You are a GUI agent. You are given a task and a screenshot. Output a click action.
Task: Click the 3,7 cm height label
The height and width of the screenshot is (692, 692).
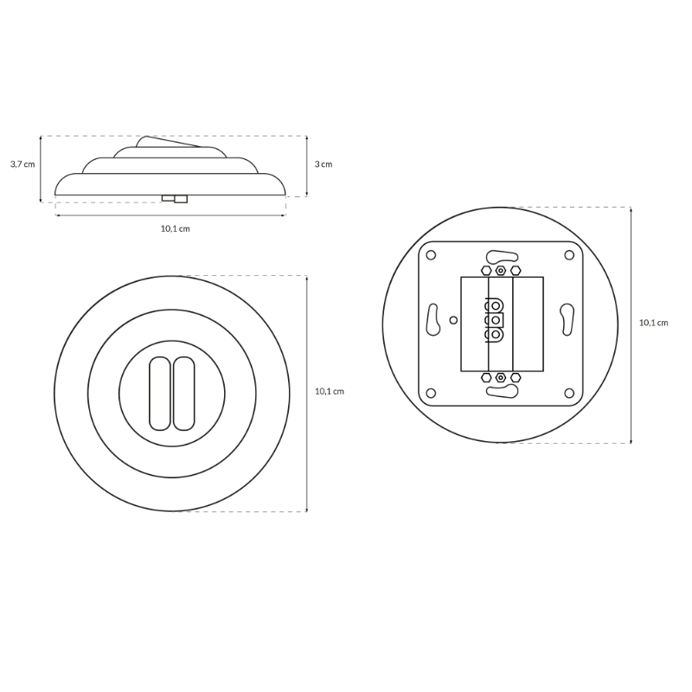pos(22,164)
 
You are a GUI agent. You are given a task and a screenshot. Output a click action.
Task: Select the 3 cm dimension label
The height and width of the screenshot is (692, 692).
pos(323,164)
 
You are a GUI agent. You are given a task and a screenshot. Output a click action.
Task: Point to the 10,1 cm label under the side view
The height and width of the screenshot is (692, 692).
pos(176,228)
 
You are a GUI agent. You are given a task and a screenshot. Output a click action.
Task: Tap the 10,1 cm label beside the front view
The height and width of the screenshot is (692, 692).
pos(330,392)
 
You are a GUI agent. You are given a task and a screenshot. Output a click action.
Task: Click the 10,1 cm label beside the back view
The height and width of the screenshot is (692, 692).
pos(654,323)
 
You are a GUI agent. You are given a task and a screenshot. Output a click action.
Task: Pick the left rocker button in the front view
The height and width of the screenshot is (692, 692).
pos(160,394)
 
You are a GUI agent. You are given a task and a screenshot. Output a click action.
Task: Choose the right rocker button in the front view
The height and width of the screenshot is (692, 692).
pos(183,394)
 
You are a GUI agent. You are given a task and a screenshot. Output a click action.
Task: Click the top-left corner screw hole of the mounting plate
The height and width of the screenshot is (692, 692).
pos(431,255)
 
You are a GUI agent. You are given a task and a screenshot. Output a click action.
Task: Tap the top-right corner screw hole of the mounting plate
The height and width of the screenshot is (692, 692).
pos(569,255)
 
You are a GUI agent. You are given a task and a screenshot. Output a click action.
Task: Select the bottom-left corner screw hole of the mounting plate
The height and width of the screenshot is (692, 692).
pos(431,393)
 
